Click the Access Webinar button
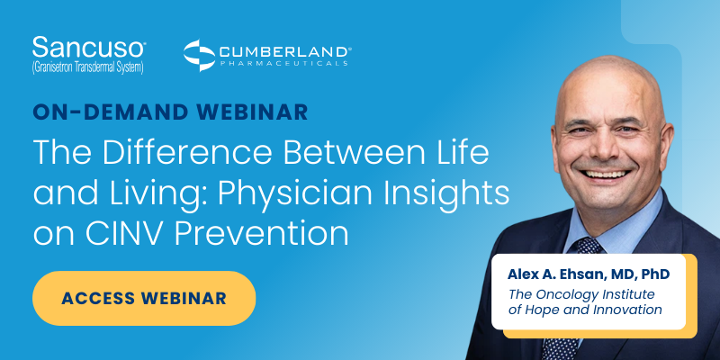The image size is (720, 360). click(144, 298)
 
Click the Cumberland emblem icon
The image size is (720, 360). click(198, 55)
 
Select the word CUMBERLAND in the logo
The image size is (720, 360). click(283, 50)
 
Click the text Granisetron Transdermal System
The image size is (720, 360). click(86, 67)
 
